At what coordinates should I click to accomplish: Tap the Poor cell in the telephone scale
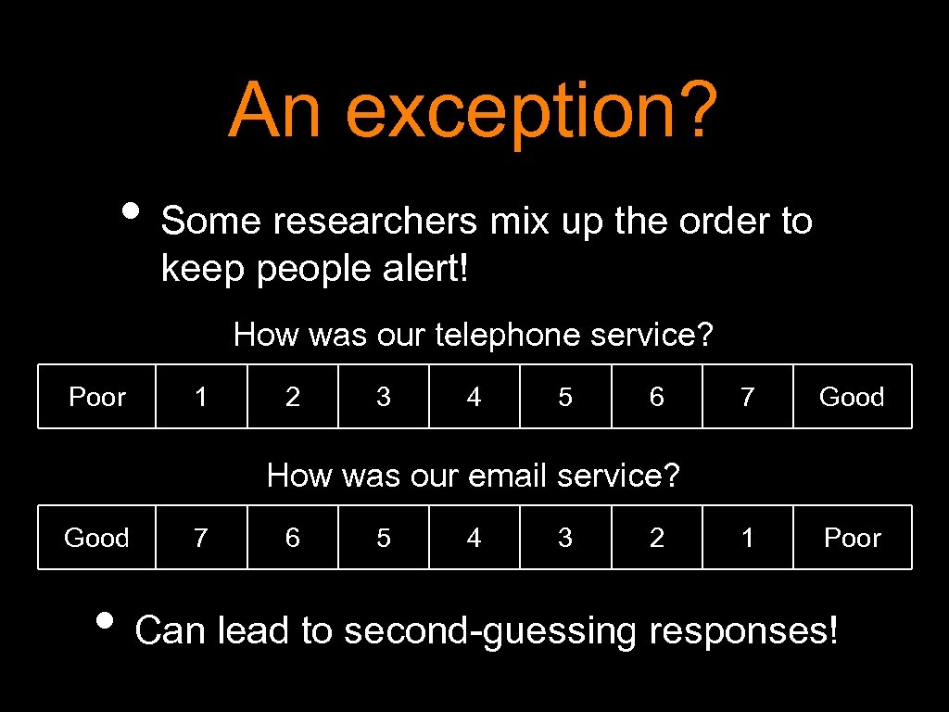pos(96,397)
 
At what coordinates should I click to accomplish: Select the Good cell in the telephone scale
pos(852,397)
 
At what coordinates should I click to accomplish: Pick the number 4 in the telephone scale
pos(474,397)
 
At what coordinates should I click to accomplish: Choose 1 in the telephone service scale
pos(201,397)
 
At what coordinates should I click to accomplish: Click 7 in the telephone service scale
pos(748,397)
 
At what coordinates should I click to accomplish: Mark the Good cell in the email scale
pos(96,538)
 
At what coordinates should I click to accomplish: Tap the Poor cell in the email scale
pos(852,538)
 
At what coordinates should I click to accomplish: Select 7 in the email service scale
pos(201,538)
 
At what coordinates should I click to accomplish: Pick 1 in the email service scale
pos(748,538)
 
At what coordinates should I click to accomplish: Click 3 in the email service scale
pos(565,538)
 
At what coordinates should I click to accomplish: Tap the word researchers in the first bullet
pos(374,222)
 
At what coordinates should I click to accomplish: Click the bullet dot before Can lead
pos(108,619)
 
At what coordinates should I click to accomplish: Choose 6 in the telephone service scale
pos(657,397)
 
